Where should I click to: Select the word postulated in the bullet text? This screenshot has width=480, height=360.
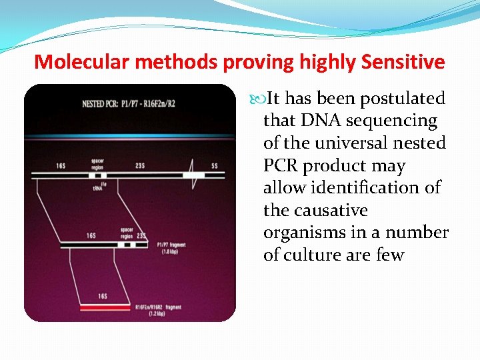point(402,99)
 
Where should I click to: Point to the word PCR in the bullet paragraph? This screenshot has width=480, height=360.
point(280,166)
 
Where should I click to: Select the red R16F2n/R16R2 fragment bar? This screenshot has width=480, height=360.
point(105,308)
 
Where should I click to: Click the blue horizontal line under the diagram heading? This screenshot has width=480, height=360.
point(130,137)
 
